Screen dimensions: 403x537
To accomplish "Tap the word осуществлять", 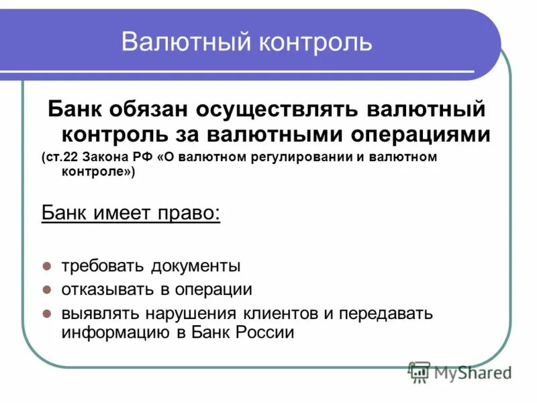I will pos(281,109).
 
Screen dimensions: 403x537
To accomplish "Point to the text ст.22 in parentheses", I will pos(60,158).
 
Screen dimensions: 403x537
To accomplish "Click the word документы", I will pos(197,266).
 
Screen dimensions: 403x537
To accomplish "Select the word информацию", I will pos(111,333).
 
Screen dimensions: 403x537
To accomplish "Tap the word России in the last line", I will pos(264,333).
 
